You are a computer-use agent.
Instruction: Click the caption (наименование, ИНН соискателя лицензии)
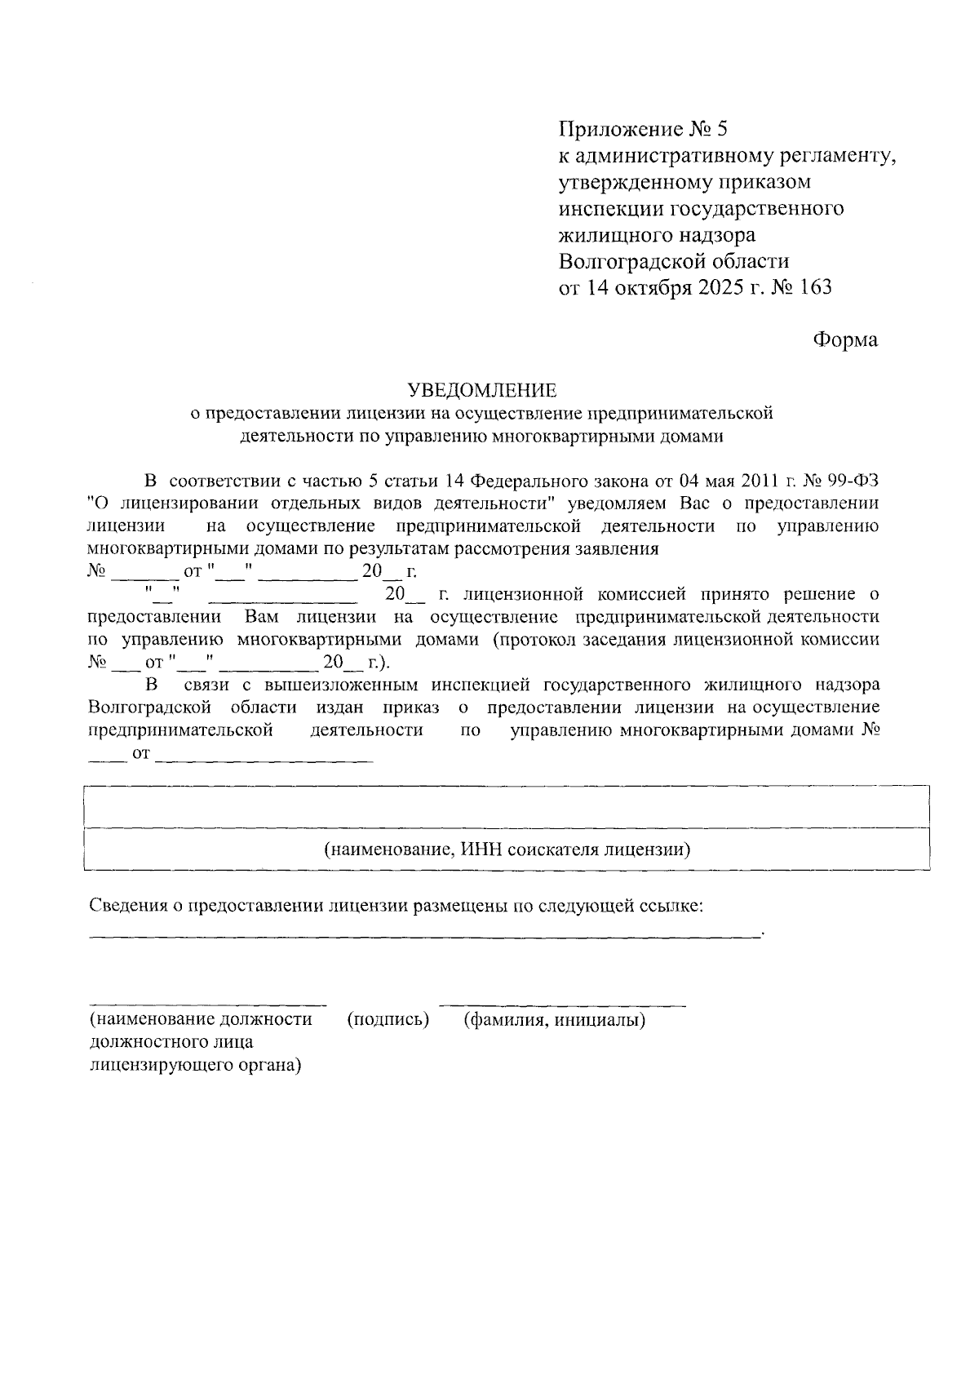point(507,849)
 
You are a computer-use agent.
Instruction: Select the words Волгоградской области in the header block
point(674,261)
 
